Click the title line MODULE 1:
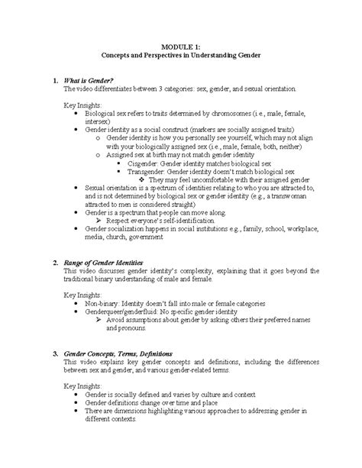coord(181,47)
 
